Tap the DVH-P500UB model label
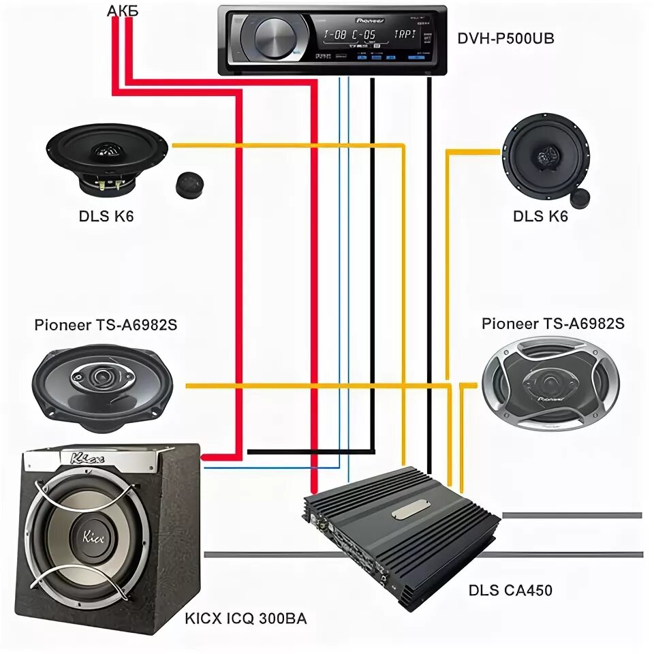point(506,38)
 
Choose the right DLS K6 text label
point(540,217)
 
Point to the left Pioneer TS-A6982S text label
point(106,324)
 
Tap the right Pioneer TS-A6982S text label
point(552,323)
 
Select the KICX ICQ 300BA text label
point(246,619)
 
